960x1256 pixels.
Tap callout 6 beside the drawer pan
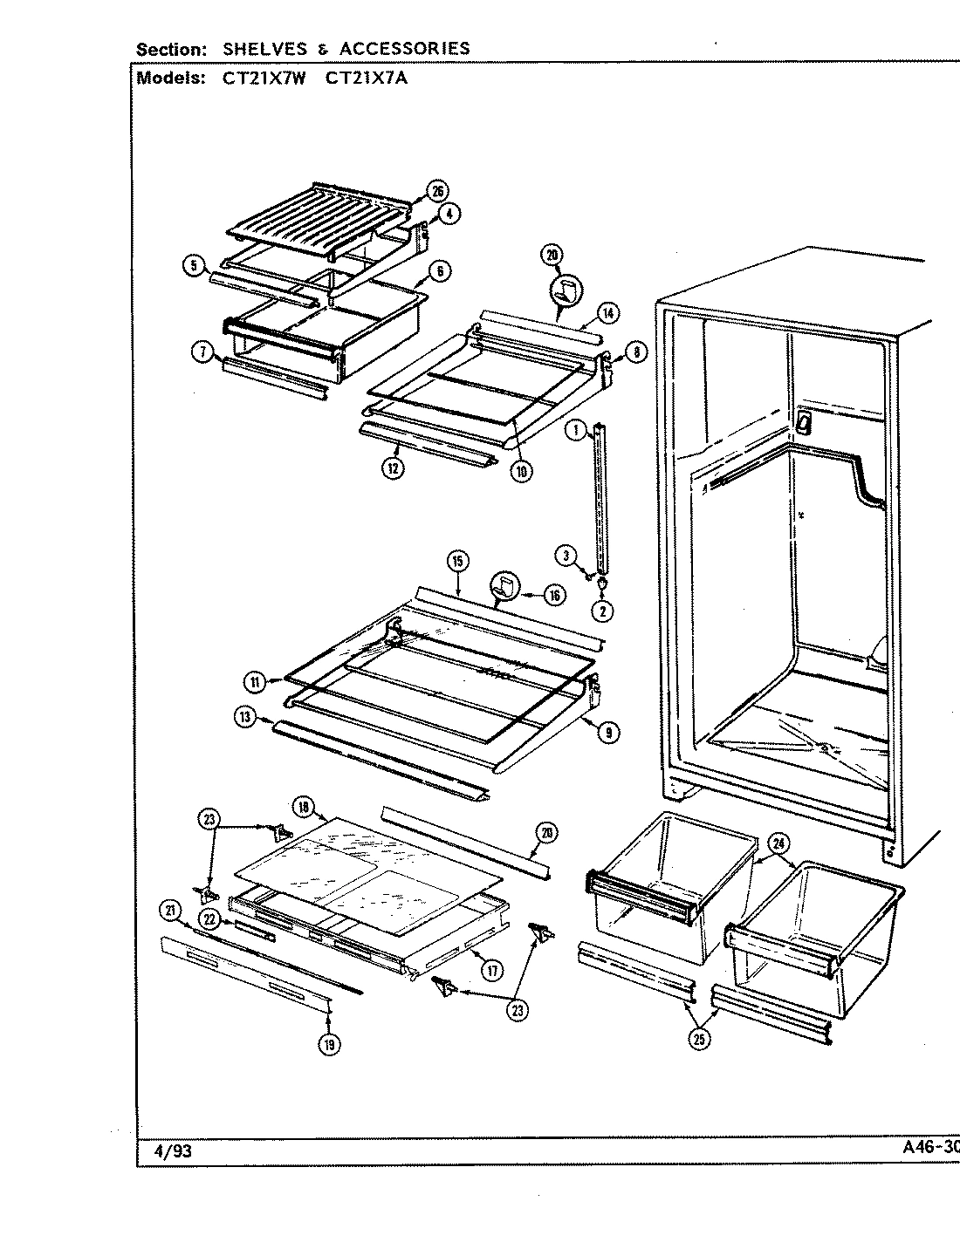pyautogui.click(x=441, y=271)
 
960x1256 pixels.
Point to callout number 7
pyautogui.click(x=202, y=352)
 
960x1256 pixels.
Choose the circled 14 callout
pyautogui.click(x=608, y=313)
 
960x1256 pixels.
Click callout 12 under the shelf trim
pyautogui.click(x=396, y=468)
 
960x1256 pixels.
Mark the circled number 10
pyautogui.click(x=522, y=471)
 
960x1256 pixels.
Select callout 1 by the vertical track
pyautogui.click(x=575, y=428)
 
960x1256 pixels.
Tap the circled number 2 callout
pyautogui.click(x=602, y=611)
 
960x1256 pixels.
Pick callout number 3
pyautogui.click(x=566, y=555)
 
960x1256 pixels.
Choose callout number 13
pyautogui.click(x=244, y=717)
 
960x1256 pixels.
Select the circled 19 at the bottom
pyautogui.click(x=329, y=1043)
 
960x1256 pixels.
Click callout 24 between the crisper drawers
pyautogui.click(x=779, y=843)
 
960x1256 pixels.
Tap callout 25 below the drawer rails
pyautogui.click(x=699, y=1038)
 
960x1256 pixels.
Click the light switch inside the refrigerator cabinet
pyautogui.click(x=803, y=423)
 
